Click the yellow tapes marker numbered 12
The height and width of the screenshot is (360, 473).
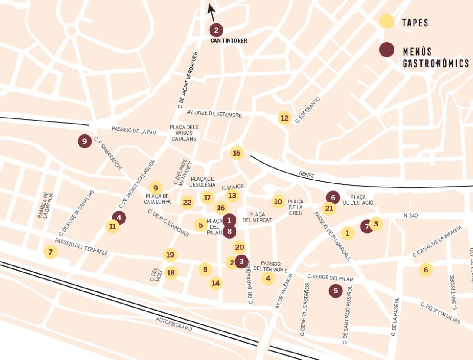coord(284,118)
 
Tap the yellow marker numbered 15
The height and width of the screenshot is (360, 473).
coord(236,153)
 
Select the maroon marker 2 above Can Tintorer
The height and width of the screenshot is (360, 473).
coord(216,30)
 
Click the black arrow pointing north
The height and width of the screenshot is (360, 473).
coord(211,12)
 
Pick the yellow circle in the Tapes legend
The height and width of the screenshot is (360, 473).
coord(386,22)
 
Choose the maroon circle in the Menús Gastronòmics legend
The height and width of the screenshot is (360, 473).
coord(386,50)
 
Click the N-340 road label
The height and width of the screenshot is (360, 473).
coord(411,216)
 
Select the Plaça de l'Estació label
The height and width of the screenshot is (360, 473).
coord(358,200)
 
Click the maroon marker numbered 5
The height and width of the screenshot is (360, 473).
coord(335,291)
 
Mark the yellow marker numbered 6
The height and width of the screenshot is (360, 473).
coord(426,270)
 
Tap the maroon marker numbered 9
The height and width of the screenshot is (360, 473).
coord(85,141)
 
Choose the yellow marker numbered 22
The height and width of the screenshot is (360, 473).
coord(187,203)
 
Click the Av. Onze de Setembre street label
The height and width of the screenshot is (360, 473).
coord(214,114)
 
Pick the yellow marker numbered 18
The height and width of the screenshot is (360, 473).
coord(171,273)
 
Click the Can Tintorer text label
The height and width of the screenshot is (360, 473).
coord(229,41)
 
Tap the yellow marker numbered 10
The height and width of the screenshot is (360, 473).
coord(278,202)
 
